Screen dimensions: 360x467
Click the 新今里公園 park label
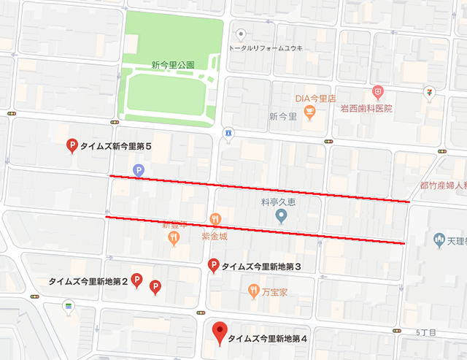click(x=173, y=64)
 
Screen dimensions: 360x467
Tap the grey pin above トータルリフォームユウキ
click(x=242, y=34)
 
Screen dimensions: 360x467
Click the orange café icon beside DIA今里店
click(x=310, y=111)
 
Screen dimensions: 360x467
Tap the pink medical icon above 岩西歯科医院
click(x=377, y=92)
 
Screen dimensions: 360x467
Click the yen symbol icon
click(x=430, y=92)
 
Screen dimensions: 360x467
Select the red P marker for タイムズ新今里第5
click(x=72, y=146)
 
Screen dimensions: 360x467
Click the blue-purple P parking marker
click(x=138, y=170)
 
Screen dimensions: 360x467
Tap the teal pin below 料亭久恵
click(x=281, y=216)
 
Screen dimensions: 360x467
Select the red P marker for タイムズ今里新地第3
click(x=214, y=266)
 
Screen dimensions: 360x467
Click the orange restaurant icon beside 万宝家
click(x=253, y=290)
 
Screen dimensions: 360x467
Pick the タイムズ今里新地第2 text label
click(x=88, y=280)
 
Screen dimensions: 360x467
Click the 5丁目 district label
click(x=426, y=333)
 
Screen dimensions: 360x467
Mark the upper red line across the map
click(x=259, y=188)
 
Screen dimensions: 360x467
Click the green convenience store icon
click(x=69, y=305)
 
